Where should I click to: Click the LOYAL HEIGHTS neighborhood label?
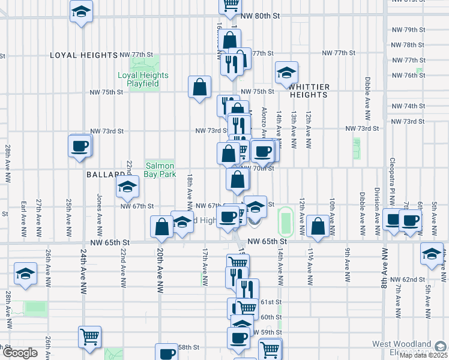pyautogui.click(x=83, y=55)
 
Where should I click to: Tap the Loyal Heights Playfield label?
pyautogui.click(x=143, y=80)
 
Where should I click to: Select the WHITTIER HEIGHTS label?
pyautogui.click(x=309, y=91)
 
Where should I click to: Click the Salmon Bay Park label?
pyautogui.click(x=160, y=170)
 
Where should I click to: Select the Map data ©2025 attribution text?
pyautogui.click(x=423, y=355)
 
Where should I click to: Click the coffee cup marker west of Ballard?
pyautogui.click(x=80, y=146)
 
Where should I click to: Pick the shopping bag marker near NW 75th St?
pyautogui.click(x=199, y=88)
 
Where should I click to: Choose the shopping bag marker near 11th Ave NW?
pyautogui.click(x=317, y=227)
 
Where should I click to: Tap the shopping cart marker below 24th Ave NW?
pyautogui.click(x=89, y=338)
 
